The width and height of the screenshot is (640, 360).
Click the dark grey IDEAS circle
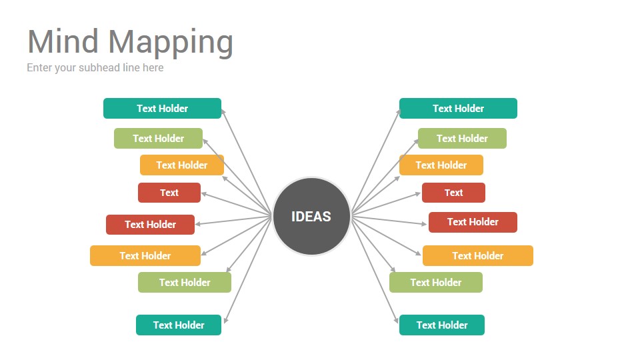311,216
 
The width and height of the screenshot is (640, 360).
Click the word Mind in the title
63,41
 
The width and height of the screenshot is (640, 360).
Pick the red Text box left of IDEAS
169,193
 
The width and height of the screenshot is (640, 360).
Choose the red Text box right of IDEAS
453,193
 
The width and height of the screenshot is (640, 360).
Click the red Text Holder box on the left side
150,225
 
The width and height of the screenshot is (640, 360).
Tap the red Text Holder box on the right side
473,222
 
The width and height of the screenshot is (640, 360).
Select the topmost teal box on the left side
162,108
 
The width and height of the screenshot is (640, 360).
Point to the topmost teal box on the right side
458,108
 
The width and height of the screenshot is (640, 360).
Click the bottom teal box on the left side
179,325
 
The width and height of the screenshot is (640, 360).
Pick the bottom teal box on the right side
441,325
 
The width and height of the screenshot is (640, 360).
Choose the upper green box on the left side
158,139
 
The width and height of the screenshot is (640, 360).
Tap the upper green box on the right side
462,139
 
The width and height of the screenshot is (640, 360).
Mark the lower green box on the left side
185,283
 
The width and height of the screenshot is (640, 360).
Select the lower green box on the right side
436,283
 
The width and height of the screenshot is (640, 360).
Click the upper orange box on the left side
181,165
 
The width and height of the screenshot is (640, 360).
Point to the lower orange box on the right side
477,255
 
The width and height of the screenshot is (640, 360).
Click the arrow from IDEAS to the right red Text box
386,203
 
